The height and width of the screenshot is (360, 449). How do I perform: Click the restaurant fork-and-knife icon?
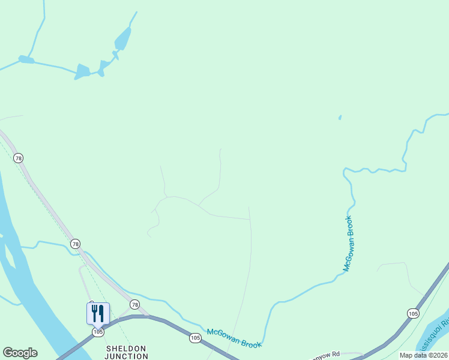(x=98, y=313)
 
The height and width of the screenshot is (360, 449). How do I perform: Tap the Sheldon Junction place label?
(x=127, y=352)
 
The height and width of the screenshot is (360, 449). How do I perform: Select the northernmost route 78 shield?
(x=19, y=158)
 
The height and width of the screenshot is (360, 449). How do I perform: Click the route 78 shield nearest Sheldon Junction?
(x=134, y=305)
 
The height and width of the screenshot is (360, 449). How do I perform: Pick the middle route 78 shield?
(x=75, y=244)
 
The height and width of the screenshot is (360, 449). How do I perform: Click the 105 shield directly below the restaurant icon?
(x=98, y=332)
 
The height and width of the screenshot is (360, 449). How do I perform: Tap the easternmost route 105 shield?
(x=412, y=313)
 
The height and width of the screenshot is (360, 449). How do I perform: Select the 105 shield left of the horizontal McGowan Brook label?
(x=194, y=337)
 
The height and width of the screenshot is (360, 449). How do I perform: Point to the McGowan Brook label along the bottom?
(x=234, y=337)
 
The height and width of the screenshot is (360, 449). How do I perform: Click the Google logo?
(x=20, y=353)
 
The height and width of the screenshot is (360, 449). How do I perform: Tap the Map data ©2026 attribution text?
(x=423, y=355)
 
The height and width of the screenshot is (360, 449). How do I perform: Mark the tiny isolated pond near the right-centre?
(x=340, y=118)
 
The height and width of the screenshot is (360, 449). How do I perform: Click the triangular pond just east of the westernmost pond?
(x=82, y=72)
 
